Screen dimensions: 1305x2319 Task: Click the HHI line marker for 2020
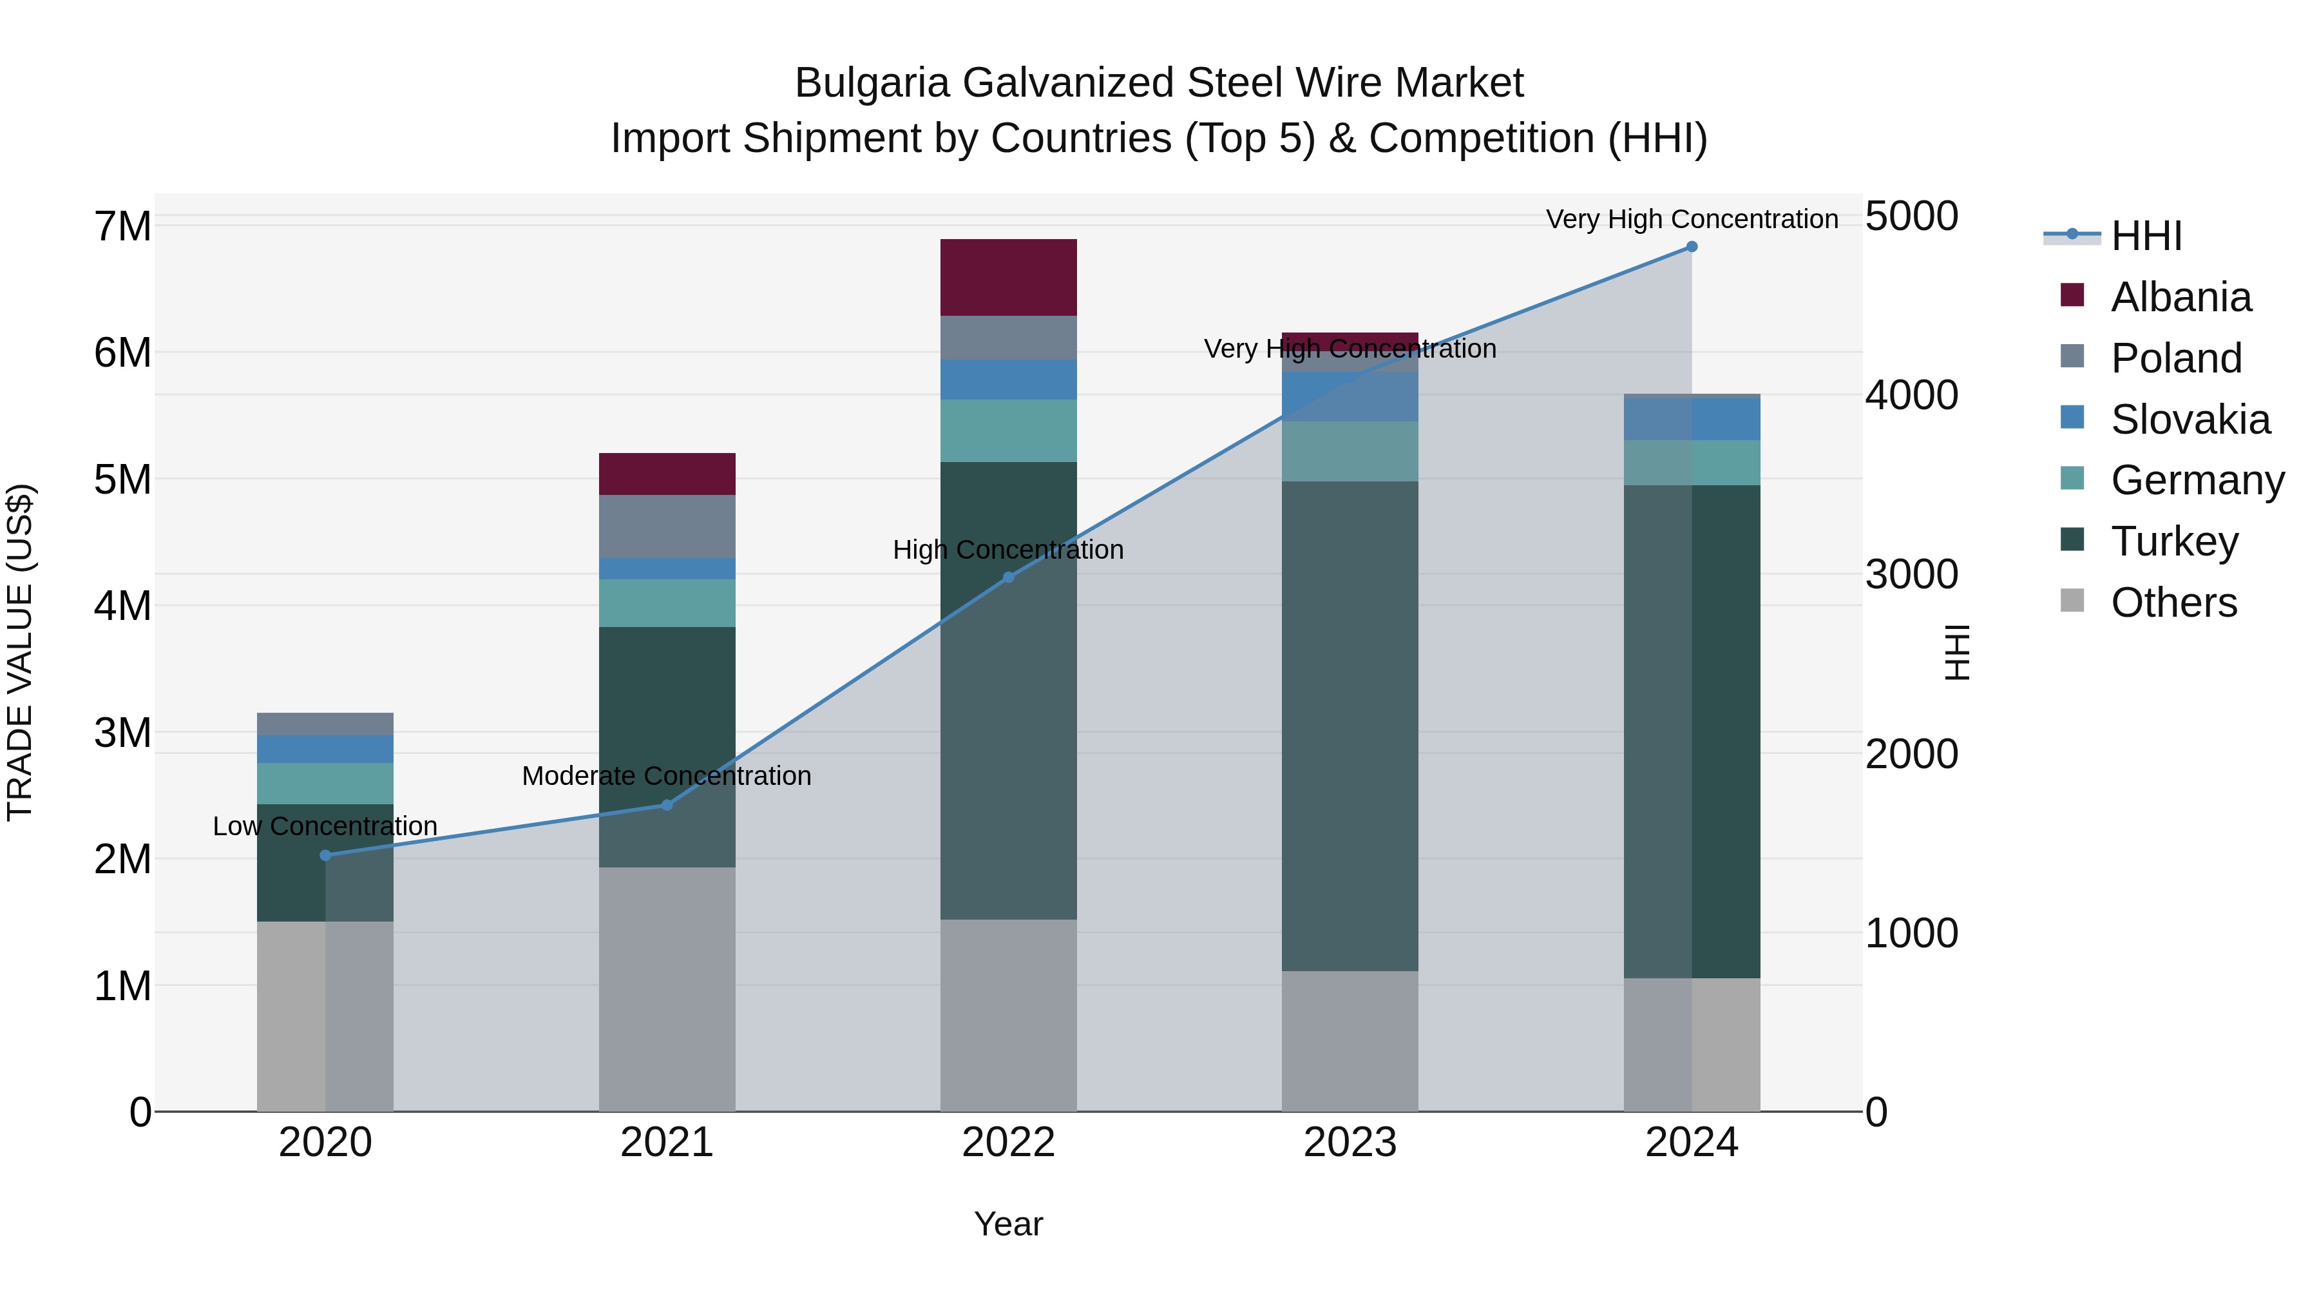325,855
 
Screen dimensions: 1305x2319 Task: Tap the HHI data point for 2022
1008,577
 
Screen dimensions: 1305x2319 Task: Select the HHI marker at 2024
1692,247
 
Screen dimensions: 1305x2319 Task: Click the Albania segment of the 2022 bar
1008,277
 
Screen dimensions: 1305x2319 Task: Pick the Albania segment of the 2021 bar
667,474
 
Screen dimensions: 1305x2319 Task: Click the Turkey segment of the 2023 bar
1350,725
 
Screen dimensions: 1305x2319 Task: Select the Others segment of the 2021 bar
667,989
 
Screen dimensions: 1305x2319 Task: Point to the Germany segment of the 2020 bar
325,784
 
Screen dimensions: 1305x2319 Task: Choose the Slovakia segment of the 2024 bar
1692,420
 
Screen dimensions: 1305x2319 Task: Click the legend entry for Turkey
2173,541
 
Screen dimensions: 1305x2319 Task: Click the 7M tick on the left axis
123,226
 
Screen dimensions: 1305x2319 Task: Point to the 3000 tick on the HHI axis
1911,575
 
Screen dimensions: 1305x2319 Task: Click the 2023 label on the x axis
1350,1143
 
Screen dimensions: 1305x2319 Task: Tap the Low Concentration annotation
325,826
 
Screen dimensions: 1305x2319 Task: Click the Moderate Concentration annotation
667,775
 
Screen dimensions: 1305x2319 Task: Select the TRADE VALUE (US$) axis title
20,652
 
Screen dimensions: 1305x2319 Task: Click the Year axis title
1008,1224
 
